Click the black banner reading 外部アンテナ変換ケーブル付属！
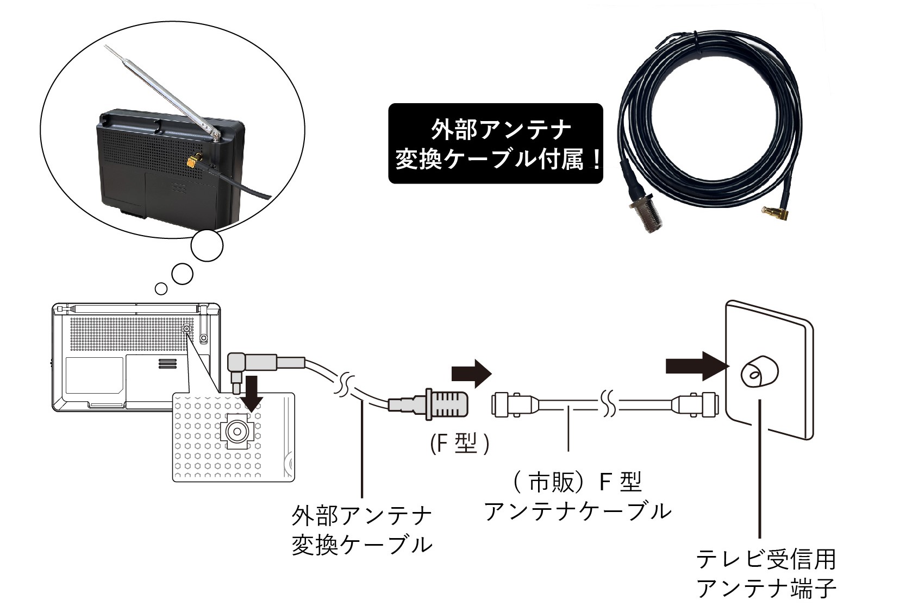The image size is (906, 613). coord(495,143)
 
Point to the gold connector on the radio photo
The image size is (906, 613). coord(191,162)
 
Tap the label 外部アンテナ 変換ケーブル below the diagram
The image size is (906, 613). coord(362,530)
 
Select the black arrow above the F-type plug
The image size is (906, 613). coord(471,374)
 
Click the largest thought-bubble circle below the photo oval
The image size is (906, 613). coord(207,246)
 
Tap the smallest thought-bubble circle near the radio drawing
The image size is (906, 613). coord(161,288)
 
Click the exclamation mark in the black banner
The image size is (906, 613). coord(596,160)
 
